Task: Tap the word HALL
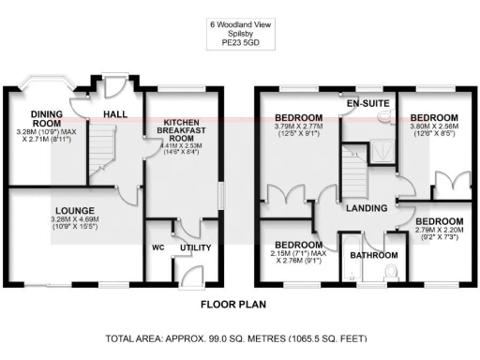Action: point(115,114)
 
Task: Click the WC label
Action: point(157,248)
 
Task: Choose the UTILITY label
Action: point(195,247)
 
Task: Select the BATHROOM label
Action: point(373,254)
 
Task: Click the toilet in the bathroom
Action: point(392,271)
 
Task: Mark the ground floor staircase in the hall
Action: point(100,155)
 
